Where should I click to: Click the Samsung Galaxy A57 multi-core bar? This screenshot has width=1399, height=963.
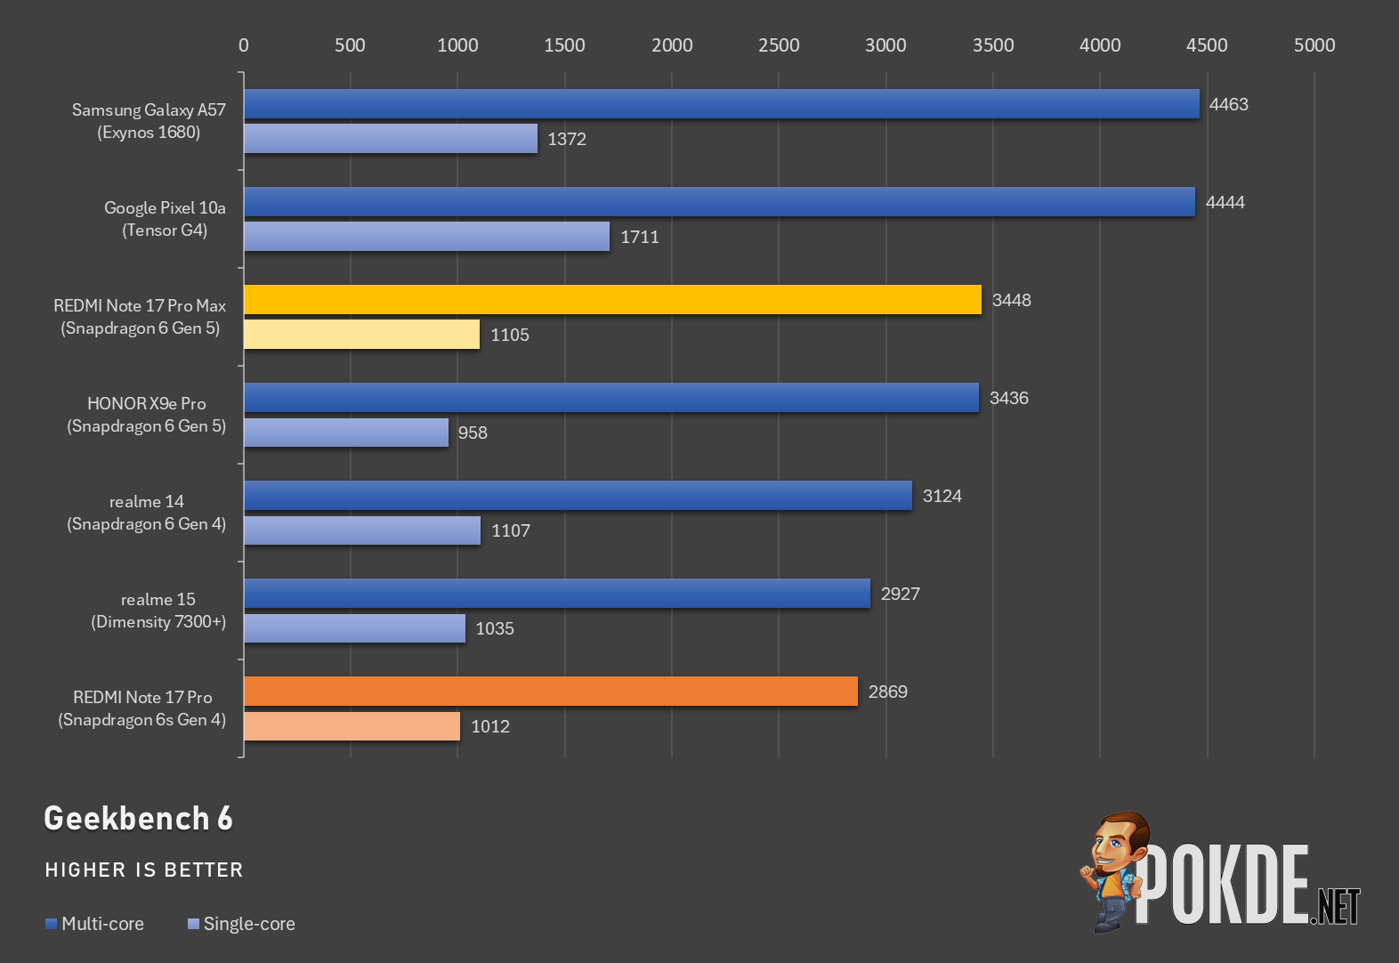click(722, 103)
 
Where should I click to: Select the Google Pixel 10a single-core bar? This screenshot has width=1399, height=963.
click(426, 237)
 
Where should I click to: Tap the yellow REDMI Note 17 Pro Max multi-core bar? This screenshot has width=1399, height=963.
click(612, 300)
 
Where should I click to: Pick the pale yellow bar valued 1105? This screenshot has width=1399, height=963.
click(361, 335)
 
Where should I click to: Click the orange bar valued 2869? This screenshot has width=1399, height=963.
click(551, 692)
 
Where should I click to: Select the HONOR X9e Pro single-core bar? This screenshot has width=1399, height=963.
click(346, 433)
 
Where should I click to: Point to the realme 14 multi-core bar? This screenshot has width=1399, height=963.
click(578, 495)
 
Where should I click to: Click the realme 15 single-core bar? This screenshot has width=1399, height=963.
click(355, 628)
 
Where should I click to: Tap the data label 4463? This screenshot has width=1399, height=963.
click(1228, 104)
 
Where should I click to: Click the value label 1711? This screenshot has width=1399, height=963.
click(640, 238)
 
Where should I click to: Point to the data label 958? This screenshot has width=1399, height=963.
click(473, 433)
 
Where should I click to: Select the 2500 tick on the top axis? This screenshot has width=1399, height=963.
click(779, 45)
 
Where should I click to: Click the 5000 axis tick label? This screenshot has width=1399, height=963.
click(1314, 45)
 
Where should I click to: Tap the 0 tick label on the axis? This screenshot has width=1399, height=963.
click(244, 45)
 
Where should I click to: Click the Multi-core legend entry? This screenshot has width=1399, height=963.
click(95, 924)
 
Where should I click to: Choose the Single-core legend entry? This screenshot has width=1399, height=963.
click(242, 924)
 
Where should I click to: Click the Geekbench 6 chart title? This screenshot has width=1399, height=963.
click(138, 818)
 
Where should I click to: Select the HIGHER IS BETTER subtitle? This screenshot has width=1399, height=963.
click(143, 870)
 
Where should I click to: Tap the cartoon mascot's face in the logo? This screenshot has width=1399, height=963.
click(1118, 847)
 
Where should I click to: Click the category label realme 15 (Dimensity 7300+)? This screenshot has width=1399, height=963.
click(158, 611)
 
